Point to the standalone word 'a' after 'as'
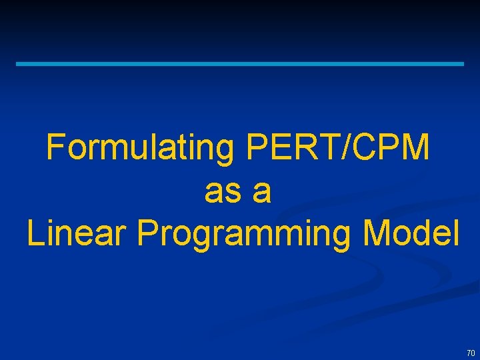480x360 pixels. coord(263,193)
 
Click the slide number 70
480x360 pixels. coord(471,353)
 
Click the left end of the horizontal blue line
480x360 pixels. coord(18,64)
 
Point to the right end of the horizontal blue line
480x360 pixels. coord(462,64)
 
